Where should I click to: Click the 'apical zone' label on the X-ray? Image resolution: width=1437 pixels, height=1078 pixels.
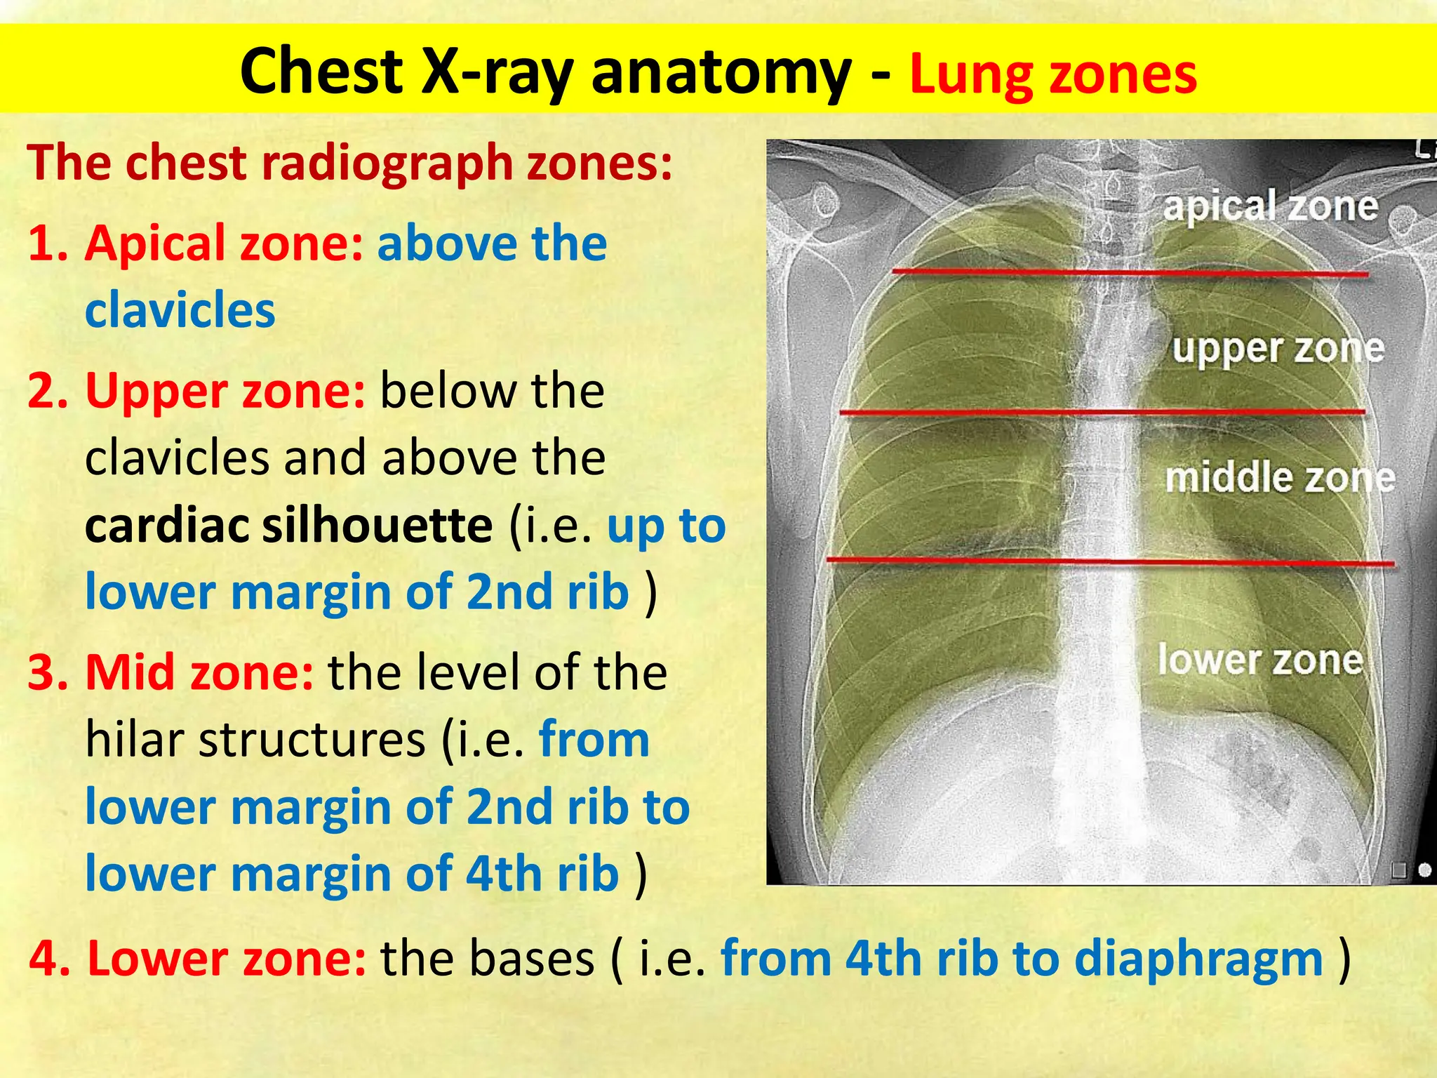click(1270, 206)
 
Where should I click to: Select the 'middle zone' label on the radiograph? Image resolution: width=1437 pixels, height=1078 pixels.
click(1280, 478)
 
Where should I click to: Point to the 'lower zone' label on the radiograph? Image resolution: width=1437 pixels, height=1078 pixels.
click(1260, 660)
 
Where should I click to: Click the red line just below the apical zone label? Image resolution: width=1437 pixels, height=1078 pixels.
click(1130, 272)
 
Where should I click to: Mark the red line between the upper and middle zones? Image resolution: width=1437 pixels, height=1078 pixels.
click(1102, 413)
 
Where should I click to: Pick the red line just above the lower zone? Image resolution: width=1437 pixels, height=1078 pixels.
click(1109, 561)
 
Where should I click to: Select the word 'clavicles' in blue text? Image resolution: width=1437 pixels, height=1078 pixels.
click(180, 310)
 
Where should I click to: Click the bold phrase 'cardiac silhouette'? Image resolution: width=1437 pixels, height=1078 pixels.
click(288, 525)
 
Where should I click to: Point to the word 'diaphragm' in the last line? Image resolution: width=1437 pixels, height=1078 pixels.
click(1198, 959)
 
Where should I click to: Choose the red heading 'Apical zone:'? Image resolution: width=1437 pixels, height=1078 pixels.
click(224, 243)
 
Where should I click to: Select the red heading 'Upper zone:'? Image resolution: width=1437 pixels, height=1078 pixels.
click(225, 390)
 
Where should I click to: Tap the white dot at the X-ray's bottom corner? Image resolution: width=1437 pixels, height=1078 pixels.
click(1424, 871)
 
